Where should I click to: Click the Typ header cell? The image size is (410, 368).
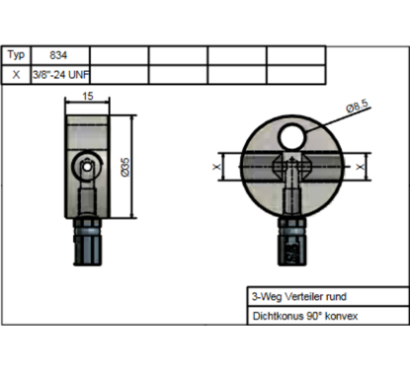pos(16,56)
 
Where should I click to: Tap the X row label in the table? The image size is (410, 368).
pos(16,74)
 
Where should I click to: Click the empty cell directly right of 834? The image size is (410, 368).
pos(119,56)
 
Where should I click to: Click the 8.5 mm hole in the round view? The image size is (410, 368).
pos(293,137)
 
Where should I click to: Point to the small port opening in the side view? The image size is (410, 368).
pos(88,169)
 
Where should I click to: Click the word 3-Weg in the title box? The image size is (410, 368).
pos(264,296)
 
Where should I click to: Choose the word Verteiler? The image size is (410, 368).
pos(300,296)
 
